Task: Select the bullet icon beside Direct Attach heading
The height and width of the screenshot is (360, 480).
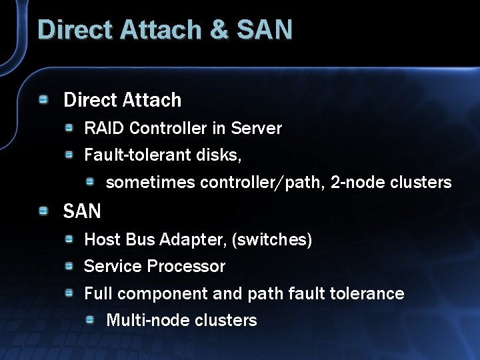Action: tap(43, 99)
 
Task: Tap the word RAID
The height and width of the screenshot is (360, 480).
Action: tap(105, 128)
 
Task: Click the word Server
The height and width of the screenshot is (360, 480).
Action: tap(256, 128)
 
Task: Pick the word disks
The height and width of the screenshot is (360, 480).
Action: tap(219, 155)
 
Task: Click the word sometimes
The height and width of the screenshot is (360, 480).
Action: tap(151, 183)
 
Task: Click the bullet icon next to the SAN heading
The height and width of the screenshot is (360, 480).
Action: tap(43, 211)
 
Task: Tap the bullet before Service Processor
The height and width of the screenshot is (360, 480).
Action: tap(69, 266)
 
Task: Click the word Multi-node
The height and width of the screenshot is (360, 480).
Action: tap(141, 320)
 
